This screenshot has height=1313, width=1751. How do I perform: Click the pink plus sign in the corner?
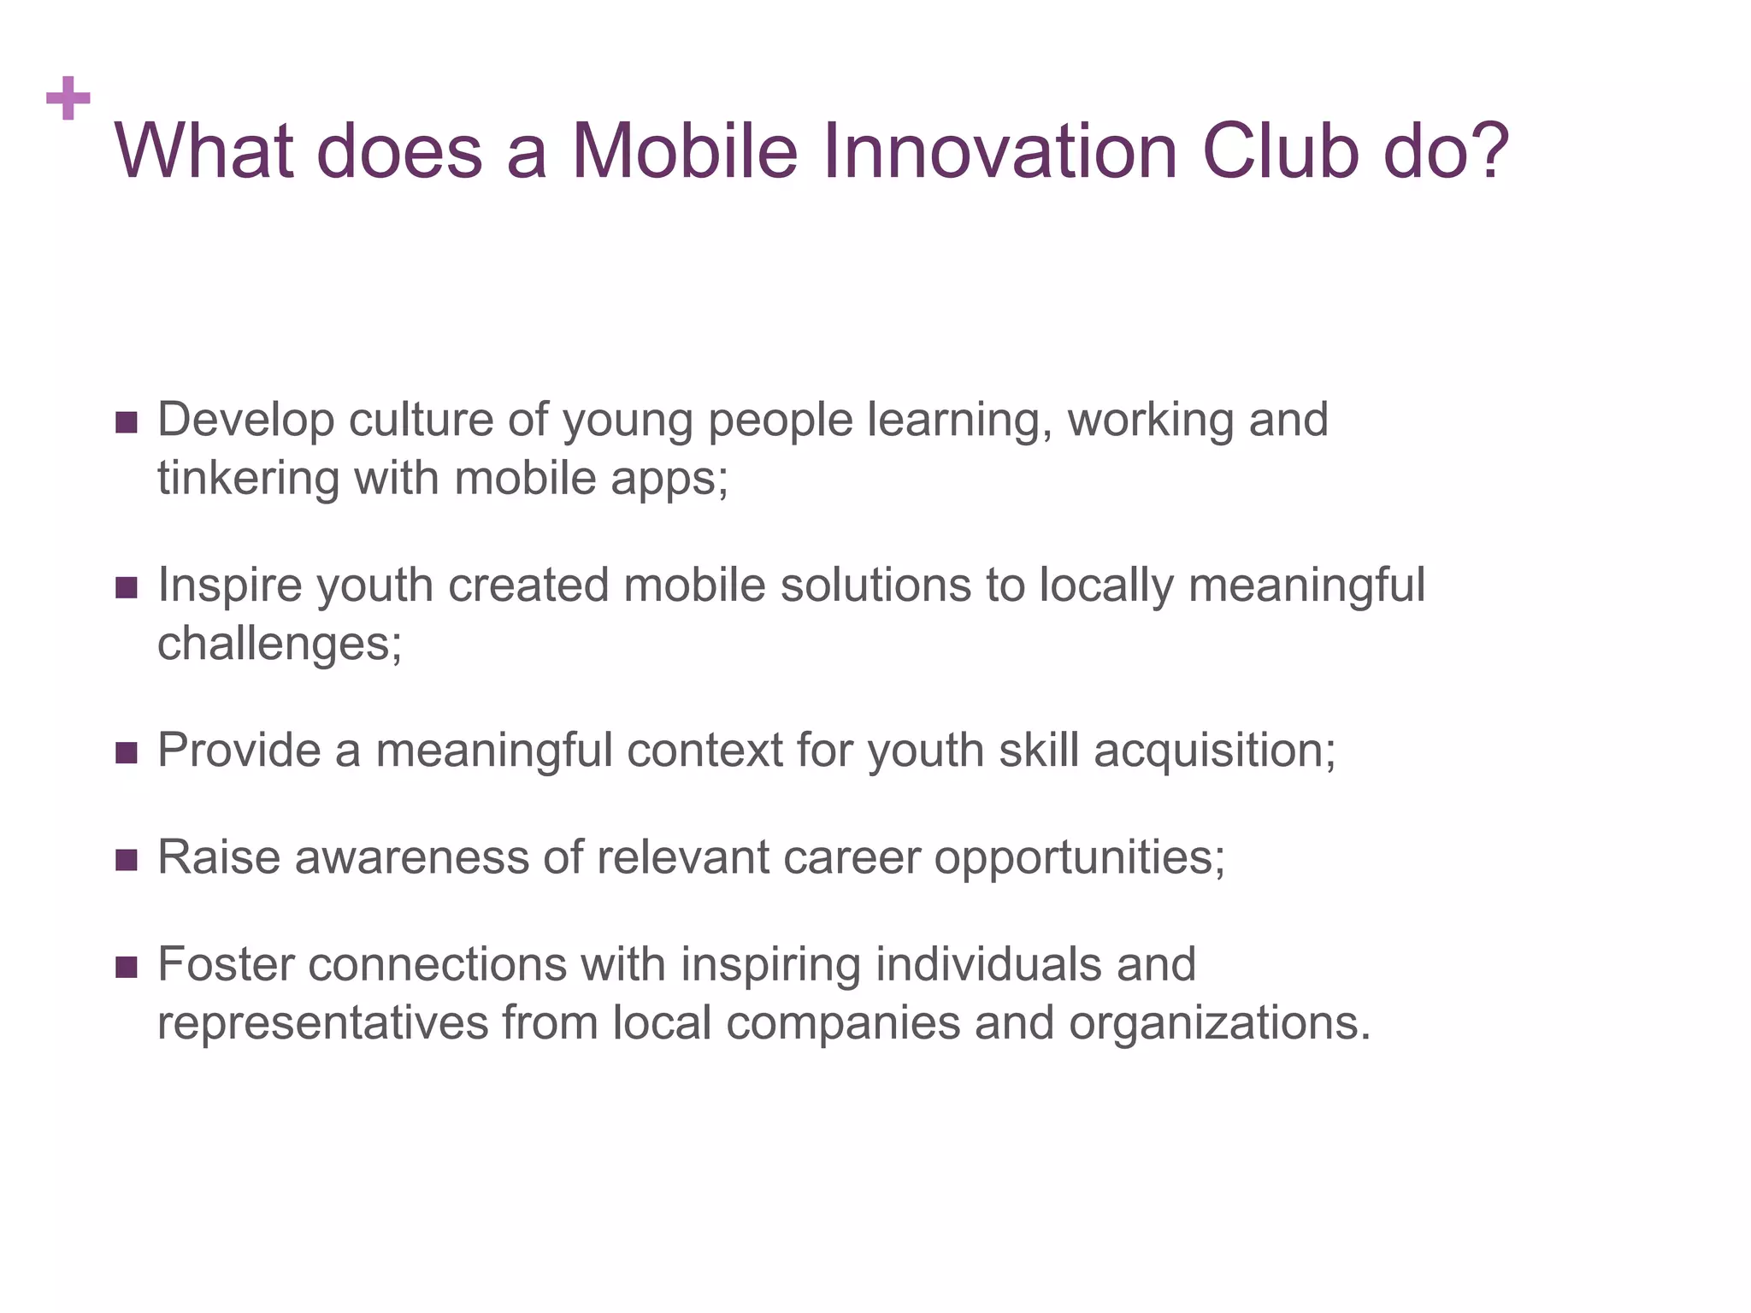[68, 98]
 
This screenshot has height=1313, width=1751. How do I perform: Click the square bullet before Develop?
[127, 422]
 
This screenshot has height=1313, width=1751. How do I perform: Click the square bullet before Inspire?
[127, 587]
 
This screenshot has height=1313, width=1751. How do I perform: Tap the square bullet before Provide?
[127, 752]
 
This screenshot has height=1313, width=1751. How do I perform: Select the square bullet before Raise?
[127, 859]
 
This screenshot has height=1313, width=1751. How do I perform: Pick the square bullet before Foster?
[127, 967]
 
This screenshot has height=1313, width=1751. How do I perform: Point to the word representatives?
[322, 1022]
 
